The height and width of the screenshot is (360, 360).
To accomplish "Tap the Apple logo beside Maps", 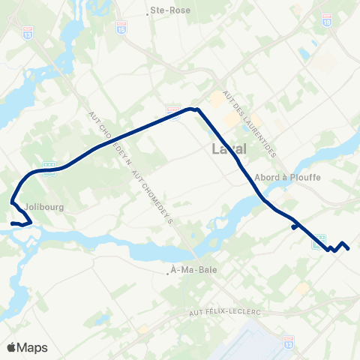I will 11,347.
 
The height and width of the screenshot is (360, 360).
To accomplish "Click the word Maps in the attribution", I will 32,347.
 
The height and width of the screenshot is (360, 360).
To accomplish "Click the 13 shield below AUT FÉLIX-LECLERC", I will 290,340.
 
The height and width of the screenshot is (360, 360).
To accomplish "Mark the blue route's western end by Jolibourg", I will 12,223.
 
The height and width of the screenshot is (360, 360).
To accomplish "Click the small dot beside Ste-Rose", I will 147,12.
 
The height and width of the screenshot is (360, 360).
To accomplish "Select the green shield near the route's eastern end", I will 319,238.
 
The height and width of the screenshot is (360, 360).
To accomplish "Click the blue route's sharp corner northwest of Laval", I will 196,109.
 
